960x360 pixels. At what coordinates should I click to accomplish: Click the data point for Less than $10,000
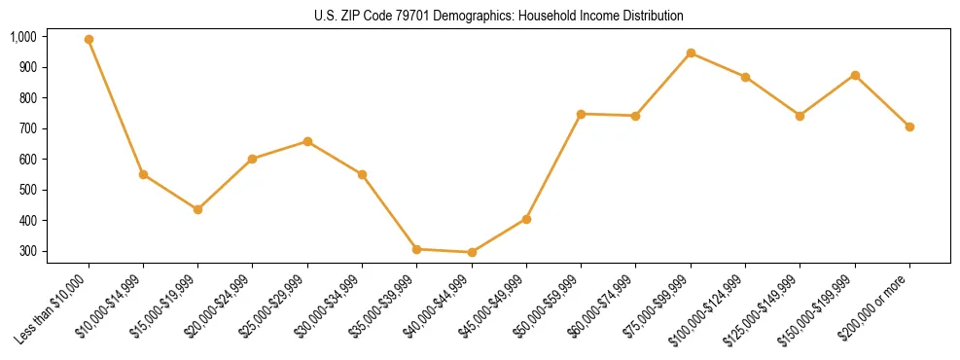point(89,40)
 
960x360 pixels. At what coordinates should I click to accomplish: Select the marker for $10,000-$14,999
point(143,175)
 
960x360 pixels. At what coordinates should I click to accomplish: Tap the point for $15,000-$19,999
point(197,209)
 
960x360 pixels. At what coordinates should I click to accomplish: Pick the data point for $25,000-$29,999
point(307,141)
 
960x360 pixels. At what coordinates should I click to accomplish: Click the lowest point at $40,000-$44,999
point(472,252)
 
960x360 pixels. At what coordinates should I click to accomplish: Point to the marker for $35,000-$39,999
point(416,249)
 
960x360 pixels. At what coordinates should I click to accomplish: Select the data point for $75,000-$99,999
point(691,53)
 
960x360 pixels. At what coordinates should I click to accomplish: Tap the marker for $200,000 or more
point(909,126)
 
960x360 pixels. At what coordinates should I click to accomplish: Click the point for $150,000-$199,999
point(855,75)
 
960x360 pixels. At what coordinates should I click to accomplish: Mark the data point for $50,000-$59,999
point(581,114)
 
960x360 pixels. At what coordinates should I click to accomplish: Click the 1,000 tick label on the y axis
point(22,37)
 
